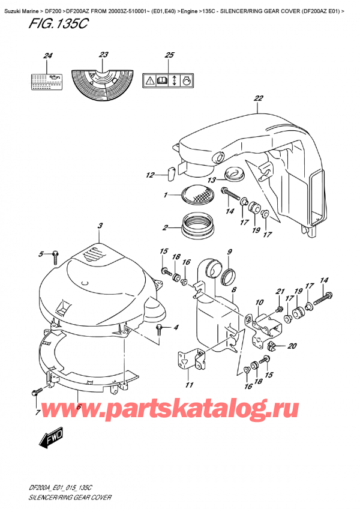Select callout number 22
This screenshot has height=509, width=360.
coord(259,98)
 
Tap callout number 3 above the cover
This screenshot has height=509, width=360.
coord(101,225)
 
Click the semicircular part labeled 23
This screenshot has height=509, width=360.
coord(104,81)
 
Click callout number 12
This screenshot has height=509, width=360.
coord(150,175)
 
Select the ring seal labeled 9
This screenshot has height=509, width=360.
coord(227,277)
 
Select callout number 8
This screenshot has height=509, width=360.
coord(234,290)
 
